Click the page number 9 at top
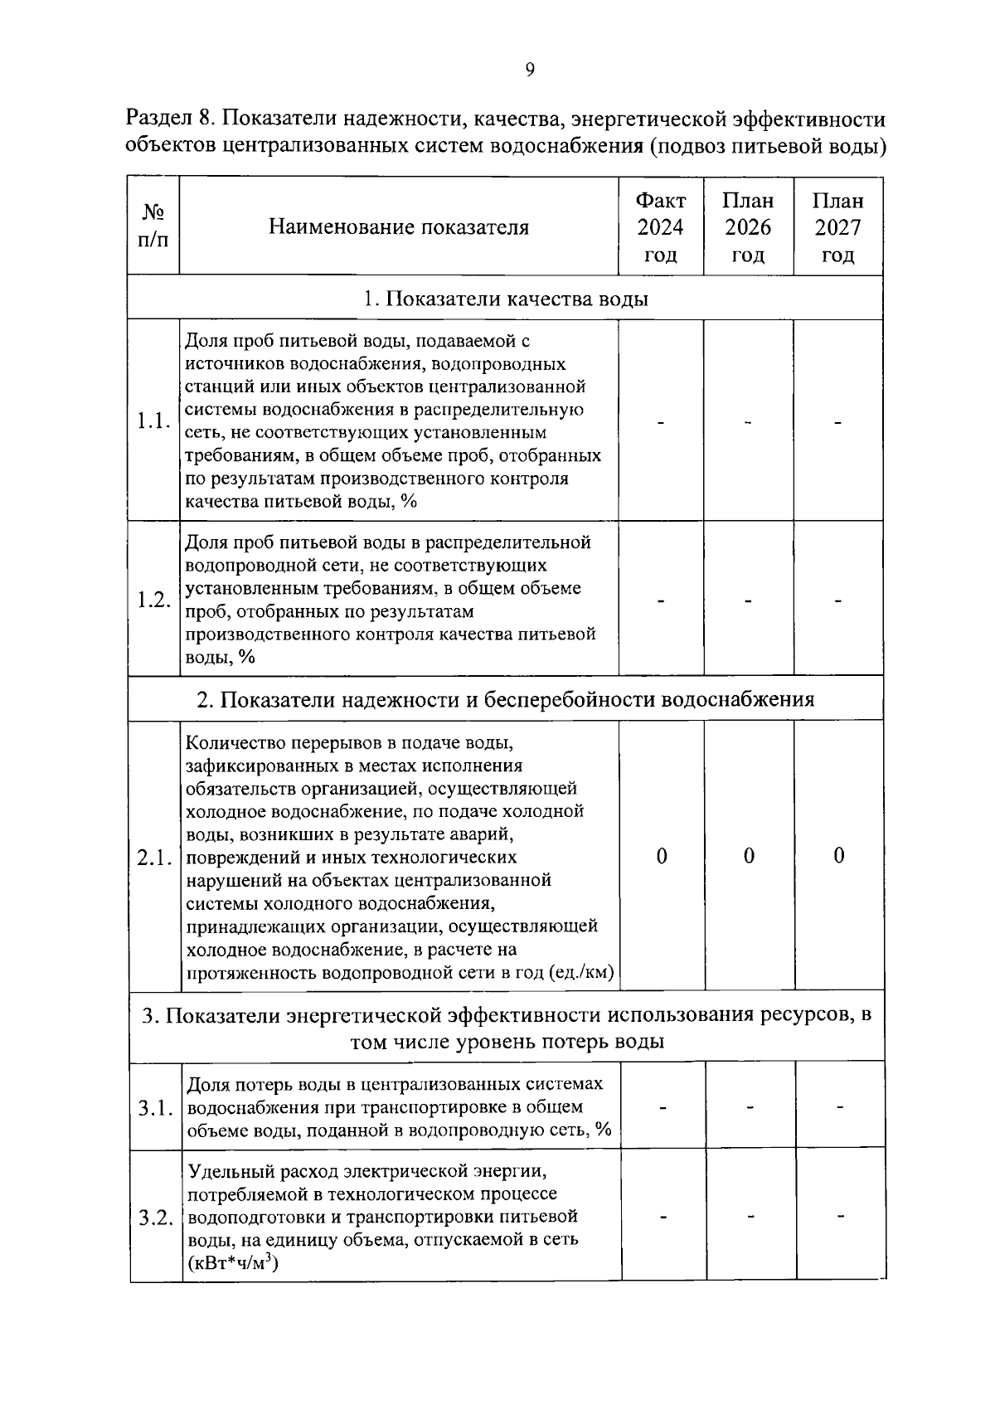tap(530, 70)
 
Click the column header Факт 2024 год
tap(661, 227)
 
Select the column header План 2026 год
tap(748, 227)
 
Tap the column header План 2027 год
tap(837, 227)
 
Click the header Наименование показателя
tap(399, 227)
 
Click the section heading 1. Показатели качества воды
tap(506, 299)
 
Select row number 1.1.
tap(154, 421)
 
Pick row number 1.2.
tap(154, 600)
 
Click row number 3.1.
tap(156, 1107)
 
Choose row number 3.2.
tap(156, 1218)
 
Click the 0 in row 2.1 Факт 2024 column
tap(662, 856)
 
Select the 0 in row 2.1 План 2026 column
tap(749, 856)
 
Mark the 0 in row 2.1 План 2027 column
tap(838, 856)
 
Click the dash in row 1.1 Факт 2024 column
tap(661, 423)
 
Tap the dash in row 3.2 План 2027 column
tap(840, 1217)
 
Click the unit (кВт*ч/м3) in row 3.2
tap(233, 1263)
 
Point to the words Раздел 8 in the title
tap(170, 120)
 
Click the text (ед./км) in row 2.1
tap(581, 973)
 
